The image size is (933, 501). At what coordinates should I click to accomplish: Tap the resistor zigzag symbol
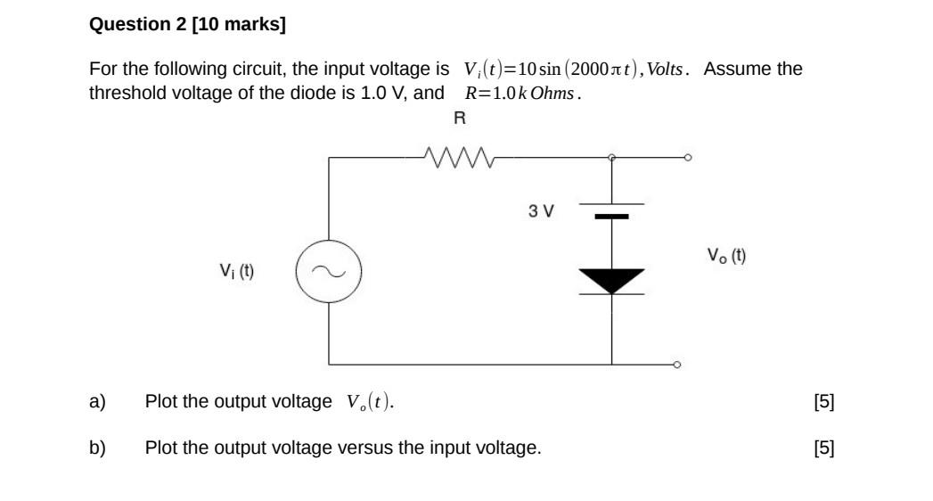[460, 158]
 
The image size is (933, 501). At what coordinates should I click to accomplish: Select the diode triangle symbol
[611, 280]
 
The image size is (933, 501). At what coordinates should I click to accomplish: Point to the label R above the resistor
[460, 117]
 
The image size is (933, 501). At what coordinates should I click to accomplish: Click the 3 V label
[540, 211]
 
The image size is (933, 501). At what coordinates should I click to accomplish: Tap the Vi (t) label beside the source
[237, 270]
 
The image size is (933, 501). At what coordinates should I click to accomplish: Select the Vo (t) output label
[727, 256]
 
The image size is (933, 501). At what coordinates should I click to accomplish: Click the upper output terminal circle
[687, 158]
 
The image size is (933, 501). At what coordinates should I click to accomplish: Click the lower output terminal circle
[676, 365]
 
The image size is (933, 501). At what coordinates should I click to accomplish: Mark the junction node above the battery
[611, 158]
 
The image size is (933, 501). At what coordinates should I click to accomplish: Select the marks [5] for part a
[824, 401]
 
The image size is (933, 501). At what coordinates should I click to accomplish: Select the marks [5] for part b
[824, 448]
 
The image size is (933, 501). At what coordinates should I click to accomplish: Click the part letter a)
[97, 401]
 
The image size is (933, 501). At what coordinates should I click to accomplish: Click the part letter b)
[97, 448]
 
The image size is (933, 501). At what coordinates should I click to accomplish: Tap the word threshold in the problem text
[127, 93]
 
